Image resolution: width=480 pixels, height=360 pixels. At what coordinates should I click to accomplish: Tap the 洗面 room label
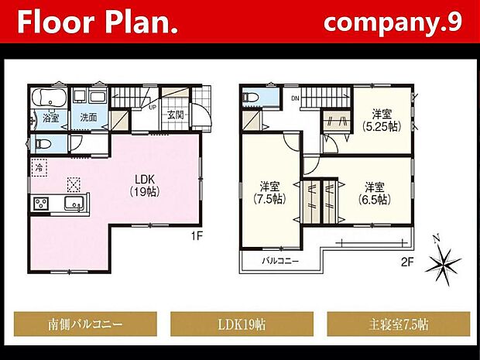(x=87, y=118)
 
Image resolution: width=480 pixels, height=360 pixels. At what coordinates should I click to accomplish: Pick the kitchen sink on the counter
(x=74, y=204)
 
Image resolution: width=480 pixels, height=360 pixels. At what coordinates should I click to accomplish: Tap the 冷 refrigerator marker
(x=38, y=166)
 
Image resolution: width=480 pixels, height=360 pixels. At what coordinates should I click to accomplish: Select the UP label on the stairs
(x=153, y=108)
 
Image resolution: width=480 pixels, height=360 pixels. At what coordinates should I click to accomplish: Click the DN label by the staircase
(x=295, y=99)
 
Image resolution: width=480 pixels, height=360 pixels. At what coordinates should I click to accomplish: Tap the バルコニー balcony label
(x=279, y=261)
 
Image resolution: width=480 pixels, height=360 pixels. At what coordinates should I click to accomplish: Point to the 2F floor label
(x=407, y=262)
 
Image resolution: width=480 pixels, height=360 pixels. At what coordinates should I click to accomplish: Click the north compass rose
(x=444, y=263)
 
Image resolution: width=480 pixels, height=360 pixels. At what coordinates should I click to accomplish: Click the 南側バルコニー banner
(x=85, y=322)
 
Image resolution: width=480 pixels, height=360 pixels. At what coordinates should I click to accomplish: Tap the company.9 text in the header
(x=393, y=22)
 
